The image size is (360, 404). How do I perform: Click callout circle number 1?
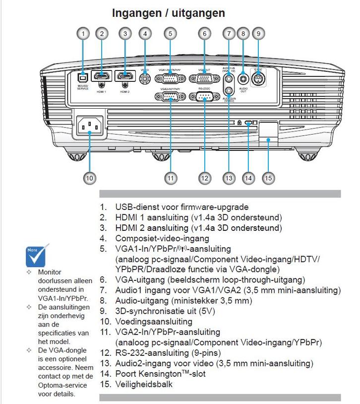(83, 34)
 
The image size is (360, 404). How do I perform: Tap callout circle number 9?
(257, 34)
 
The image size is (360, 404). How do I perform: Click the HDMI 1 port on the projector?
(102, 76)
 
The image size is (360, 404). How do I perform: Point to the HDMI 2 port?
(125, 76)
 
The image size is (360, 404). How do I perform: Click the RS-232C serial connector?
(204, 96)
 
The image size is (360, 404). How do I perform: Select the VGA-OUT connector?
(204, 78)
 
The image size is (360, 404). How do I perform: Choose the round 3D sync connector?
(257, 78)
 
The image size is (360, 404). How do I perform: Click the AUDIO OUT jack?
(242, 78)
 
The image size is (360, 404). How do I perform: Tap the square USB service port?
(83, 77)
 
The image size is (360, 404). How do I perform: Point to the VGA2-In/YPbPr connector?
(170, 96)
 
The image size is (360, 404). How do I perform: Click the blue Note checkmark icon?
(37, 255)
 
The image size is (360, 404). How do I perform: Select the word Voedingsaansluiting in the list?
(154, 322)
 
